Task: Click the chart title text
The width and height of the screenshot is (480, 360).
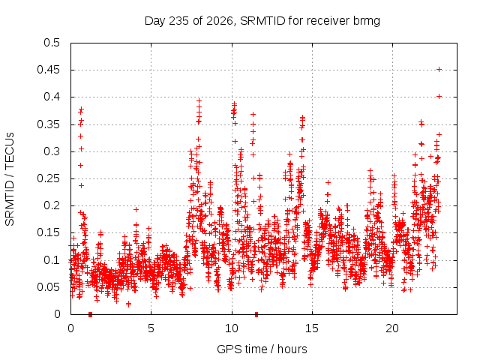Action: coord(262,21)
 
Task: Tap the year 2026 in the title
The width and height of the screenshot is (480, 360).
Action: coord(220,21)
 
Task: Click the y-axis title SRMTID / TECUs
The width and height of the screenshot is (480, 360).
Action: coord(10,179)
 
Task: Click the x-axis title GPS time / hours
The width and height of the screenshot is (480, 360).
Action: coord(262,349)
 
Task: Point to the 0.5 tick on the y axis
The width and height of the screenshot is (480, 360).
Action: coord(52,43)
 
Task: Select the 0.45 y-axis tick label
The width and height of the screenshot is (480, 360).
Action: coord(48,70)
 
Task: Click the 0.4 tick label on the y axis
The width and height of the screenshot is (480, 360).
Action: coord(52,97)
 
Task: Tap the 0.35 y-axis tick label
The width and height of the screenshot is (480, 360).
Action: coord(48,124)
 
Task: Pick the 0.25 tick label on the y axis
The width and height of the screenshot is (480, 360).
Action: coord(48,178)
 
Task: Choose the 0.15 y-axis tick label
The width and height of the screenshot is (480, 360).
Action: coord(48,232)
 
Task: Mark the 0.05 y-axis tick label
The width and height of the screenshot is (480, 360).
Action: coord(48,287)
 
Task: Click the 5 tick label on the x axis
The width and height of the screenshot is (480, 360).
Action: coord(151,328)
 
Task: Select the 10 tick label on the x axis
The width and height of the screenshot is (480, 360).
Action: coord(232,328)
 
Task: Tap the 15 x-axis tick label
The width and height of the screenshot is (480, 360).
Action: coord(312,328)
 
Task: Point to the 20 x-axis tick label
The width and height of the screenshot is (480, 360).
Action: coord(392,328)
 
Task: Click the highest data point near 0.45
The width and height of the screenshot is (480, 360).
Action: coord(439,70)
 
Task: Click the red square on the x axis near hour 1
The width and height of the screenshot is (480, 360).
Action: coord(90,314)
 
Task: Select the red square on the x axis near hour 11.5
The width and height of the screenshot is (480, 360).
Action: coord(256,314)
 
